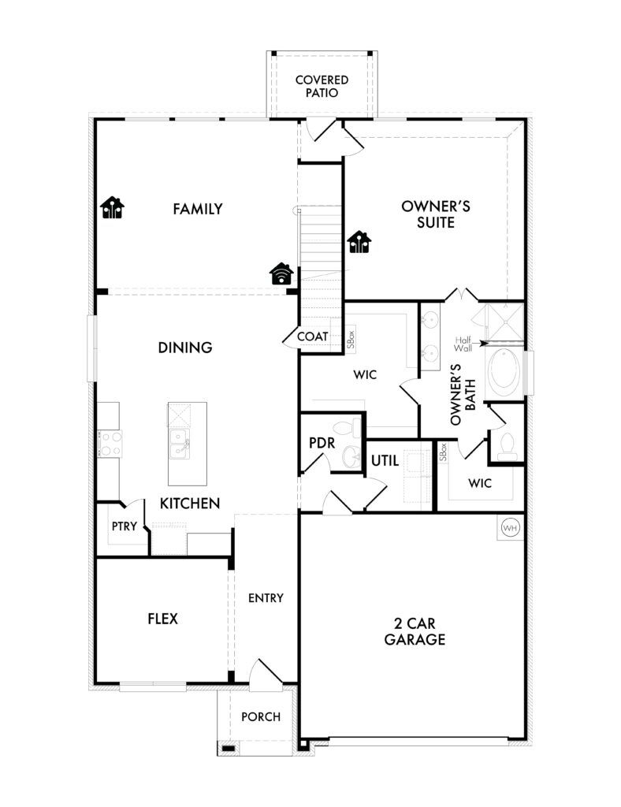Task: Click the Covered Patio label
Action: click(322, 87)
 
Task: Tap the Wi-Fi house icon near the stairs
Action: click(281, 273)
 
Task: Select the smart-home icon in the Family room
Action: click(112, 208)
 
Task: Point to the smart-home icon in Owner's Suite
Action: click(359, 243)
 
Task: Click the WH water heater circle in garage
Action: click(510, 527)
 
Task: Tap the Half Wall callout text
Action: click(463, 344)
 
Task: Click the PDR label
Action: click(322, 443)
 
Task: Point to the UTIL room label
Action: click(385, 460)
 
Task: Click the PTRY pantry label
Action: click(125, 526)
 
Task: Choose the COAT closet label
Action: click(313, 336)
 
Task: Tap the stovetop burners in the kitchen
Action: click(110, 444)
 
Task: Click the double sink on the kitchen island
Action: click(180, 444)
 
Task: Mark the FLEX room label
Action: click(162, 618)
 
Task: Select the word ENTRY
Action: click(266, 597)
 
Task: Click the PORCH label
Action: click(261, 716)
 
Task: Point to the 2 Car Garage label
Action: click(415, 631)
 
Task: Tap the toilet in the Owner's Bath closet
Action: click(507, 446)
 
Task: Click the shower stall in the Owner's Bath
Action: click(504, 322)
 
